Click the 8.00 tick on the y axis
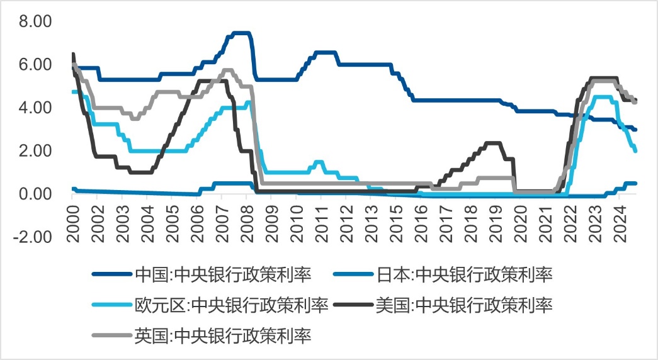(37, 21)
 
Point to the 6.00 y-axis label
(37, 65)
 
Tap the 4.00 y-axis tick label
(37, 108)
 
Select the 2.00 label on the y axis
(37, 151)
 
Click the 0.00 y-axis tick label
(37, 194)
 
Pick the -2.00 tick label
(35, 237)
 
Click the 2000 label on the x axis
(72, 216)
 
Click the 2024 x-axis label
(619, 216)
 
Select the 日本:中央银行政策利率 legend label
(464, 274)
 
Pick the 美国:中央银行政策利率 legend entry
(464, 305)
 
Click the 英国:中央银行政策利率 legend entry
(223, 335)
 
